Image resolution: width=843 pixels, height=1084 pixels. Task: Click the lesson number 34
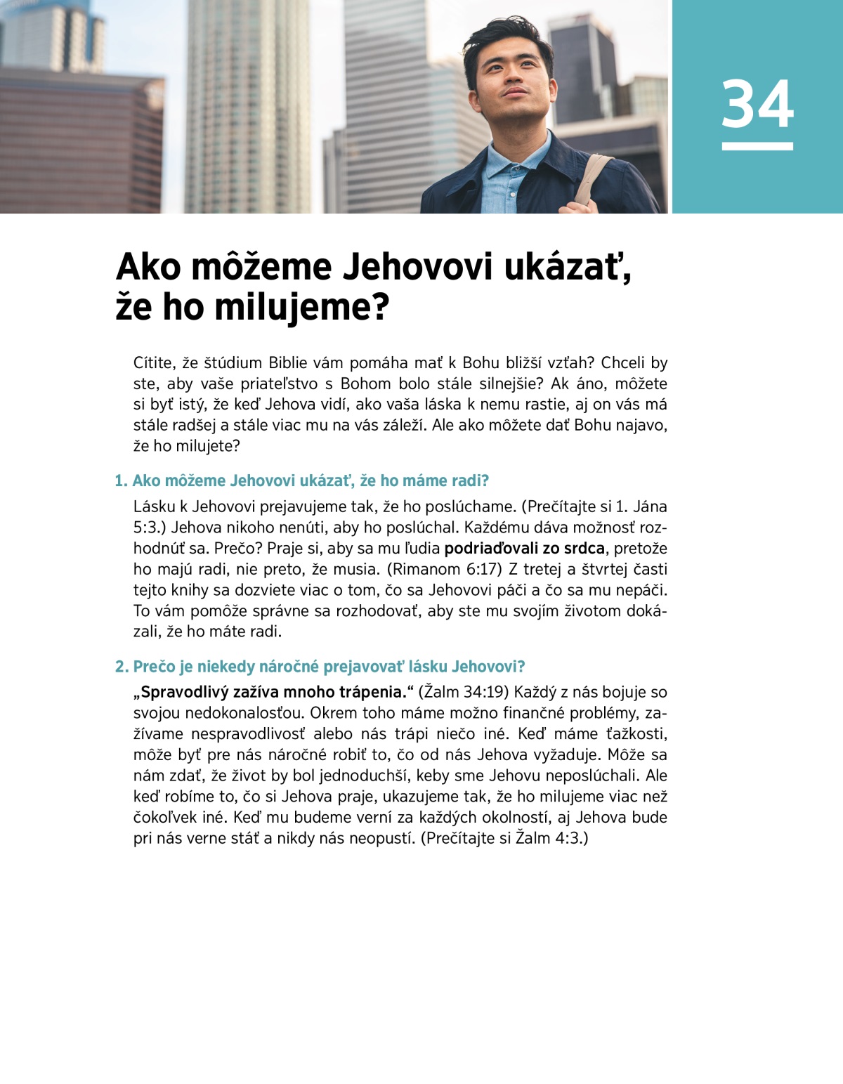click(x=757, y=104)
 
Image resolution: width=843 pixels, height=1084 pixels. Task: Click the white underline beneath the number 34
click(x=757, y=146)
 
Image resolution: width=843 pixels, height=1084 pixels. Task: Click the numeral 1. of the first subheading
click(x=121, y=481)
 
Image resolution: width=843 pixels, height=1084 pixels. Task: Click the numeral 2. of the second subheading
click(x=122, y=667)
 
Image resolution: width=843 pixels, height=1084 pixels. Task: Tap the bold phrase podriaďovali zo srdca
click(x=524, y=549)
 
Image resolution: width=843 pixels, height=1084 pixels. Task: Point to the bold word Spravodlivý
click(x=184, y=693)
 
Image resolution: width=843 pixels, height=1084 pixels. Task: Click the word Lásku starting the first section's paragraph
click(x=153, y=507)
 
